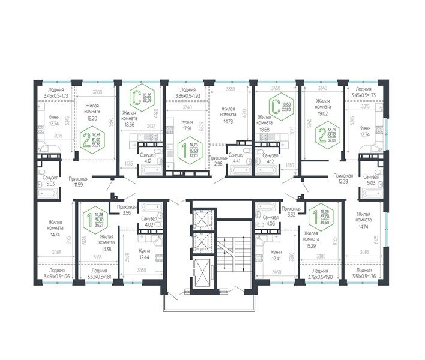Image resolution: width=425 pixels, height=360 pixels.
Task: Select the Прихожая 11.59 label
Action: point(79,181)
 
